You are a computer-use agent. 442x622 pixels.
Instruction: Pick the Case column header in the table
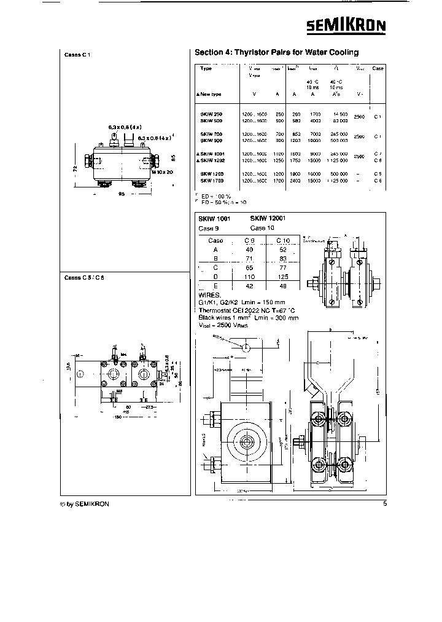click(x=378, y=68)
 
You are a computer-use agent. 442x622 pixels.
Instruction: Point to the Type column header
click(x=206, y=68)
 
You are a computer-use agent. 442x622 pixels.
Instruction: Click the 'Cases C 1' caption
click(x=77, y=55)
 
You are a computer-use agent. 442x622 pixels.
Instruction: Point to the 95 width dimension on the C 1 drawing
click(x=122, y=194)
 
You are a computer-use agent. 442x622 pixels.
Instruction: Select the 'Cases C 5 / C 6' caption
click(x=81, y=277)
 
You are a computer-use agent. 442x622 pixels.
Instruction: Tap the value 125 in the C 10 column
click(x=282, y=277)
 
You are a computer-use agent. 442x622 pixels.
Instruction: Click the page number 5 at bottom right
click(x=384, y=505)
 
